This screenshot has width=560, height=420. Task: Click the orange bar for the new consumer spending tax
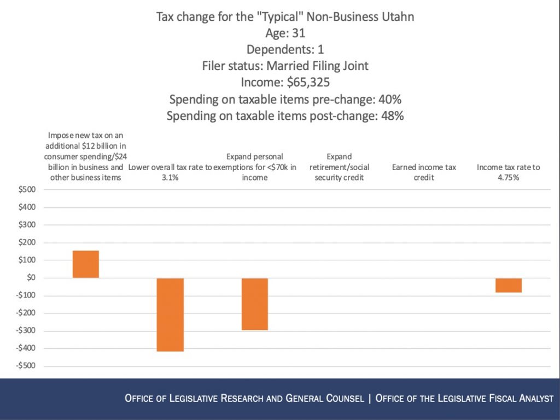pyautogui.click(x=85, y=264)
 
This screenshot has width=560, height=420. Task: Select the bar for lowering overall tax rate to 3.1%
pyautogui.click(x=170, y=314)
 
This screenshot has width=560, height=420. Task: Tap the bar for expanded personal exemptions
pyautogui.click(x=254, y=304)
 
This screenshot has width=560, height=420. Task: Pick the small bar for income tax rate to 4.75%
pyautogui.click(x=508, y=285)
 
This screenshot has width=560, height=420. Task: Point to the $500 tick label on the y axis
pyautogui.click(x=25, y=190)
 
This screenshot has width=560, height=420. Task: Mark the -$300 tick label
pyautogui.click(x=24, y=331)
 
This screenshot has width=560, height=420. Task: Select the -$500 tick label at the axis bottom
pyautogui.click(x=24, y=366)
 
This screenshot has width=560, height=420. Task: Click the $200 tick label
pyautogui.click(x=25, y=242)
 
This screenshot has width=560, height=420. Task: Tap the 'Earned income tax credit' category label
pyautogui.click(x=424, y=172)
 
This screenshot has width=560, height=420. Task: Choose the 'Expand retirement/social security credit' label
pyautogui.click(x=339, y=167)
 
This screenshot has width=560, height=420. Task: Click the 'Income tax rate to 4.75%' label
pyautogui.click(x=508, y=172)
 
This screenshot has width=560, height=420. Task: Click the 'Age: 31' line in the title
pyautogui.click(x=285, y=33)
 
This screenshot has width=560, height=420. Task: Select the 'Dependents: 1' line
pyautogui.click(x=285, y=49)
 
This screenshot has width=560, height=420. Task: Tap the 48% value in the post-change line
pyautogui.click(x=391, y=116)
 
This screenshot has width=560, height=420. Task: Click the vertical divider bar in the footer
pyautogui.click(x=370, y=398)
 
